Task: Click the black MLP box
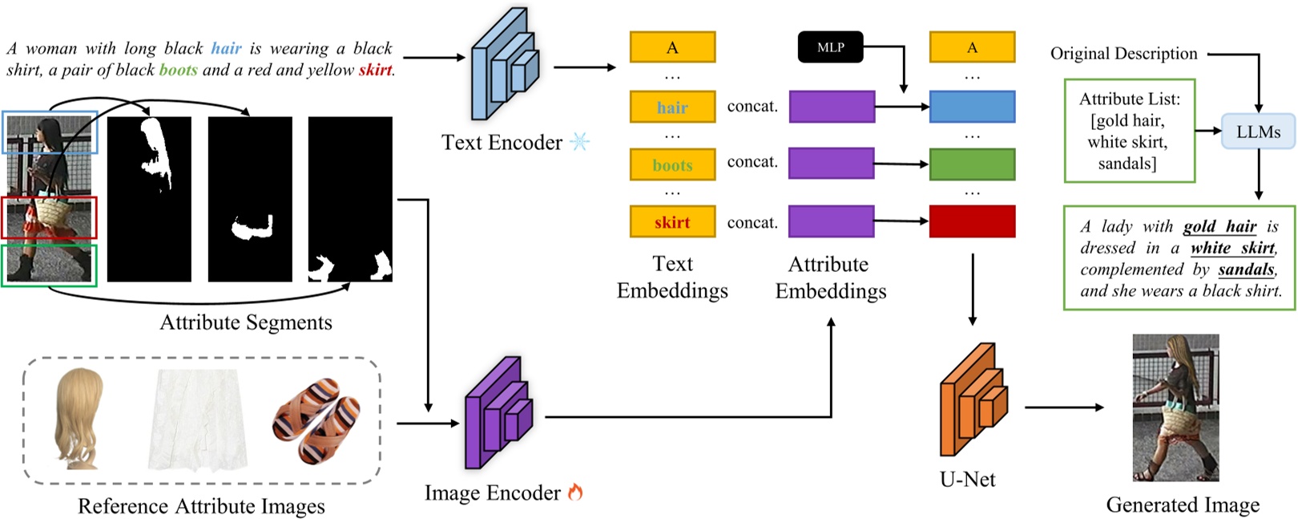[831, 47]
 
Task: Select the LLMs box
[1258, 132]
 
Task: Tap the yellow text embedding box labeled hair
[672, 107]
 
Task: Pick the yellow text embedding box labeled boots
[672, 165]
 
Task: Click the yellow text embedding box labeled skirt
[672, 222]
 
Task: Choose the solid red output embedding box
[972, 221]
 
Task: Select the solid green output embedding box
[972, 164]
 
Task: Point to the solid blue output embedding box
[972, 107]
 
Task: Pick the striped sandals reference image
[316, 422]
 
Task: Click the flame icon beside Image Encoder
[574, 493]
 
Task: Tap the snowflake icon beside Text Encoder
[578, 142]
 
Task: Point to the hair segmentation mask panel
[149, 199]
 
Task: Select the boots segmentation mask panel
[350, 199]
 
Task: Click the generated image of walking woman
[1175, 407]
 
